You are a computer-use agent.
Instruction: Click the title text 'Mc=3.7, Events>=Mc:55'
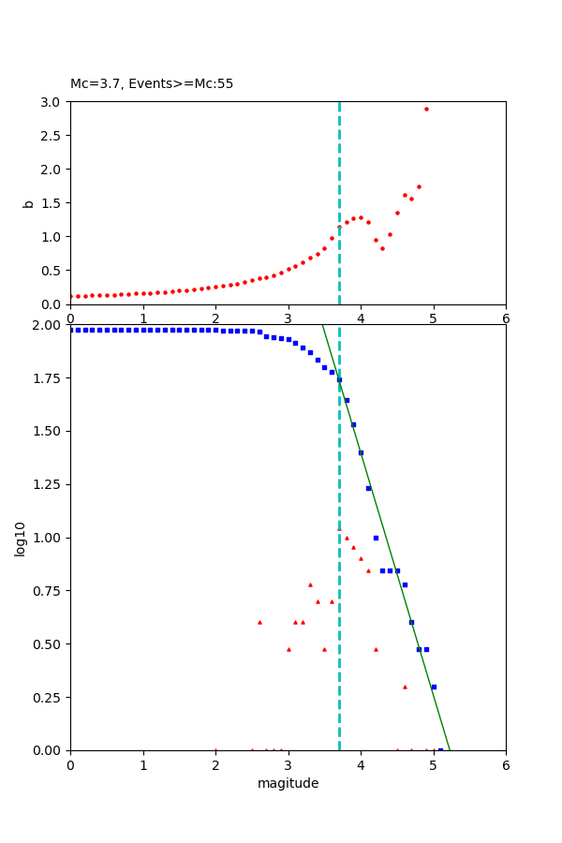152,84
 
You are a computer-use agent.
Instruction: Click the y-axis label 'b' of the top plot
28,203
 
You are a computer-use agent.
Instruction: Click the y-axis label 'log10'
21,538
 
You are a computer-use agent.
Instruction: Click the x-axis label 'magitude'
288,783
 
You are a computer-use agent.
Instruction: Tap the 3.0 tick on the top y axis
52,102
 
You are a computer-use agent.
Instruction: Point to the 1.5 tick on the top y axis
52,203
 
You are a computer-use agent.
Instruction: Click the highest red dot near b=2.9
426,109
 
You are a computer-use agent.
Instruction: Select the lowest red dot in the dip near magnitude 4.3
382,248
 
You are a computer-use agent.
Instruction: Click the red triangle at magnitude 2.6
259,622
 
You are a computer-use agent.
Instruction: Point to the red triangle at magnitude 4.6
405,687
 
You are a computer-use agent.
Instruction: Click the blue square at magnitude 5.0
434,687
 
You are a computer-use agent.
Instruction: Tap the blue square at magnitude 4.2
376,538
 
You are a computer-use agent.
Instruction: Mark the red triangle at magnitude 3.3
310,584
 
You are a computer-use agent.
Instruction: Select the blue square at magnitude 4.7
411,622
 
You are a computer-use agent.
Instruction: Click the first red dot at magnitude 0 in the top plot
70,296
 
